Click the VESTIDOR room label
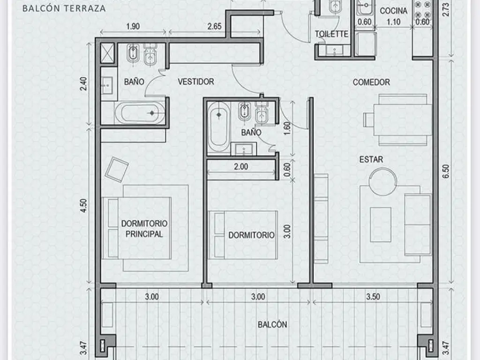coord(196,82)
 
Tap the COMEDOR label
coord(371,82)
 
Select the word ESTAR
coord(371,159)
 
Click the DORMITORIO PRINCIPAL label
coord(144,229)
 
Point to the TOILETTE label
coord(331,34)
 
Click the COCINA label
coord(393,11)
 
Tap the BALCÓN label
coord(272,324)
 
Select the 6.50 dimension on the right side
coord(446,172)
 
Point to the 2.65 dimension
coord(214,26)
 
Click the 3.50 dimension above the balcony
coord(373,297)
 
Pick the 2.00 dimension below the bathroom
coord(241,167)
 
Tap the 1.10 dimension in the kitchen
coord(393,22)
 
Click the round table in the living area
coord(382,181)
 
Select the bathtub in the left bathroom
coord(140,113)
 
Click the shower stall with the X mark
coord(107,53)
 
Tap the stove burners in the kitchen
coord(422,10)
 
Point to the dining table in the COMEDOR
coord(403,120)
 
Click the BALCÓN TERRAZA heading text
coord(64,8)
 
